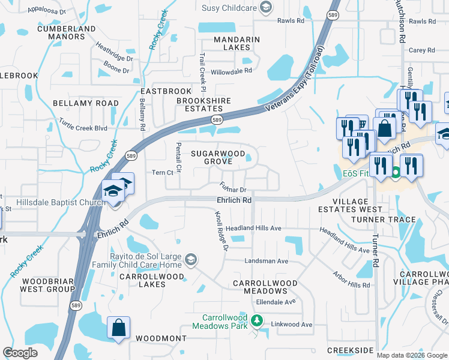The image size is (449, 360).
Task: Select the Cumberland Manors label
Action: point(66,32)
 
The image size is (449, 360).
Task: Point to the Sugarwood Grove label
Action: point(218,157)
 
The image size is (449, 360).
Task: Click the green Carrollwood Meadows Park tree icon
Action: point(257,321)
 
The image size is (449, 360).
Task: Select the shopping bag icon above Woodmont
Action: point(119,328)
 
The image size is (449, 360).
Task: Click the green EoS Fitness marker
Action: point(395,174)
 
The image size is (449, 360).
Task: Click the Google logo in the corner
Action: point(20,353)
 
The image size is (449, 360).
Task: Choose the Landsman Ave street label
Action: point(266,261)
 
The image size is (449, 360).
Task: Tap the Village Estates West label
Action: point(349,205)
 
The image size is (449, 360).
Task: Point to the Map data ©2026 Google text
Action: point(412,355)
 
